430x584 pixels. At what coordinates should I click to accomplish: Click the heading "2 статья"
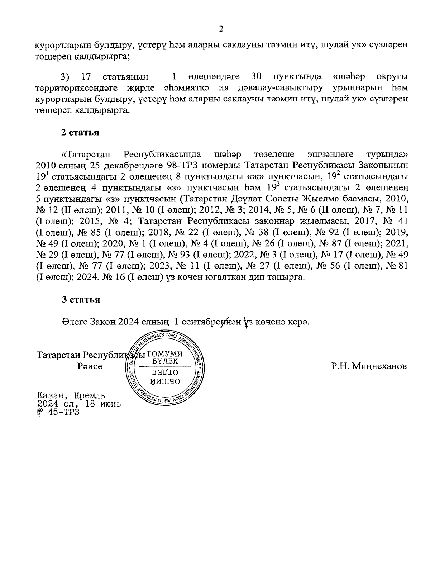tap(80, 133)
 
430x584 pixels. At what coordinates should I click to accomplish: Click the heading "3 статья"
tap(80, 300)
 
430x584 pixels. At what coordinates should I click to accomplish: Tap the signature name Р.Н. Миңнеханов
tap(369, 366)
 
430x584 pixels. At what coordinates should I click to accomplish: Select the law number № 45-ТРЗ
tap(58, 412)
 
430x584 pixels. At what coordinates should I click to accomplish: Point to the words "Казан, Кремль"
tap(71, 396)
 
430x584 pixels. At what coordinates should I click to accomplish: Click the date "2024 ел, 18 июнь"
tap(79, 404)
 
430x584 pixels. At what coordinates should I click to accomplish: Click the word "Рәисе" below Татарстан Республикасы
tap(90, 366)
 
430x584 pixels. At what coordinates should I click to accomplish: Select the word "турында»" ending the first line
tap(387, 155)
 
